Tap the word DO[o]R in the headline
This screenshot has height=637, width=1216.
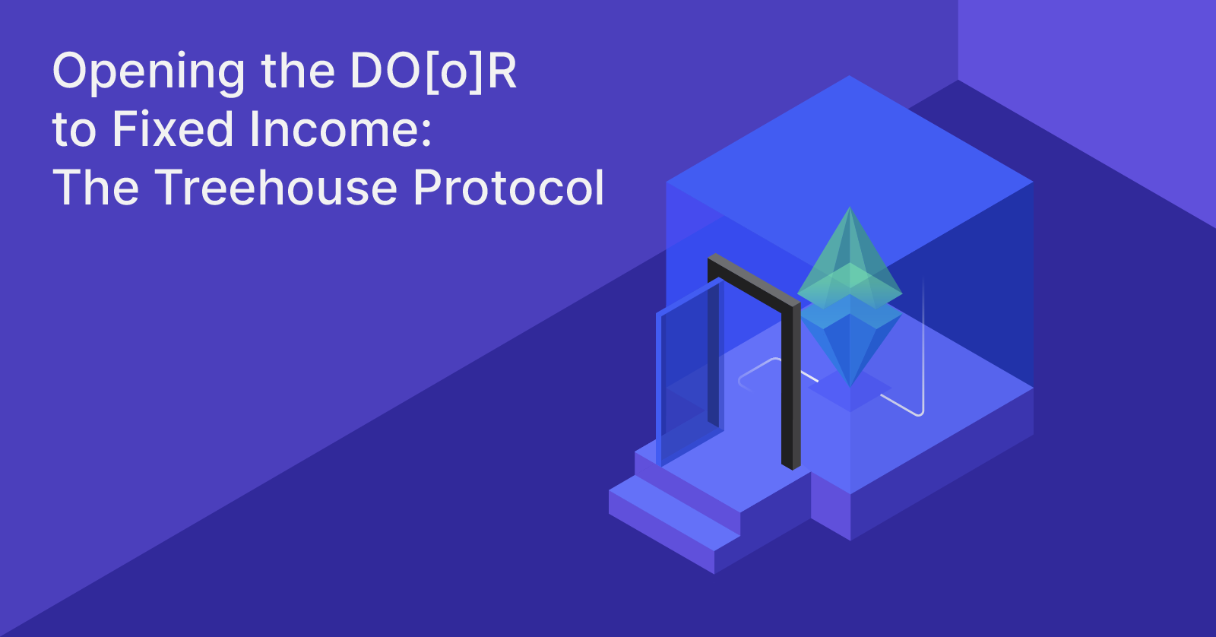pos(433,71)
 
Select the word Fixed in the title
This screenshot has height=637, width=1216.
pos(173,129)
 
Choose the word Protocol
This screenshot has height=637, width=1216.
pos(509,188)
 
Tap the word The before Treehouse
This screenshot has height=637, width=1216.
pos(96,188)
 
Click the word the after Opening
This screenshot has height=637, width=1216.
pos(298,71)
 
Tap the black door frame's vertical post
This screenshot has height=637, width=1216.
pos(790,388)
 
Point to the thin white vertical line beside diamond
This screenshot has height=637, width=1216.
pos(923,342)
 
